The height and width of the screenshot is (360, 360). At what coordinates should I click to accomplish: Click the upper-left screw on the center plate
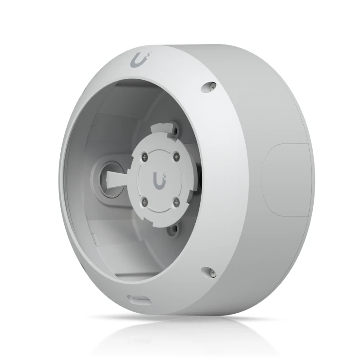click(144, 156)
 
